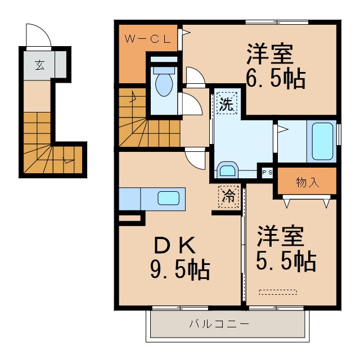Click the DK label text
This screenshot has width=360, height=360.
pyautogui.click(x=174, y=245)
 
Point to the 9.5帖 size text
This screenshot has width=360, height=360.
pyautogui.click(x=179, y=271)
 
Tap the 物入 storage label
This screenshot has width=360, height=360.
pyautogui.click(x=307, y=182)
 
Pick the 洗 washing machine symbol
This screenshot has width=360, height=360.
pyautogui.click(x=226, y=103)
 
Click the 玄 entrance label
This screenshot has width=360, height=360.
pyautogui.click(x=39, y=64)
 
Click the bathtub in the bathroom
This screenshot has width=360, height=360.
pyautogui.click(x=323, y=141)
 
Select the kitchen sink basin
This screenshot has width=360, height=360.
pyautogui.click(x=169, y=198)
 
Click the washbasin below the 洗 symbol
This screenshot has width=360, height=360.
pyautogui.click(x=228, y=170)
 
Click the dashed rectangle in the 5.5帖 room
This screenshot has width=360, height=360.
pyautogui.click(x=277, y=292)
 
